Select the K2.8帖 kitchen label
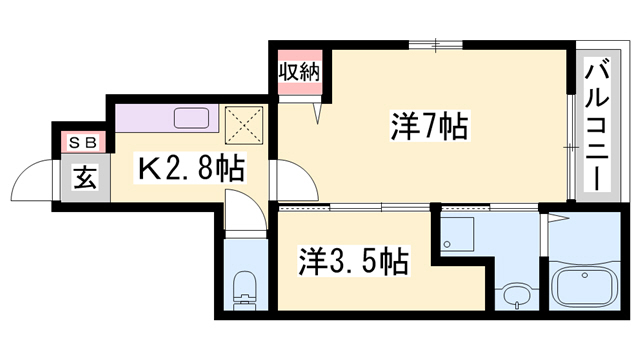point(191,168)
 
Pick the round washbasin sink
point(516,296)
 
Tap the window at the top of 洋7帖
point(435,42)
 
